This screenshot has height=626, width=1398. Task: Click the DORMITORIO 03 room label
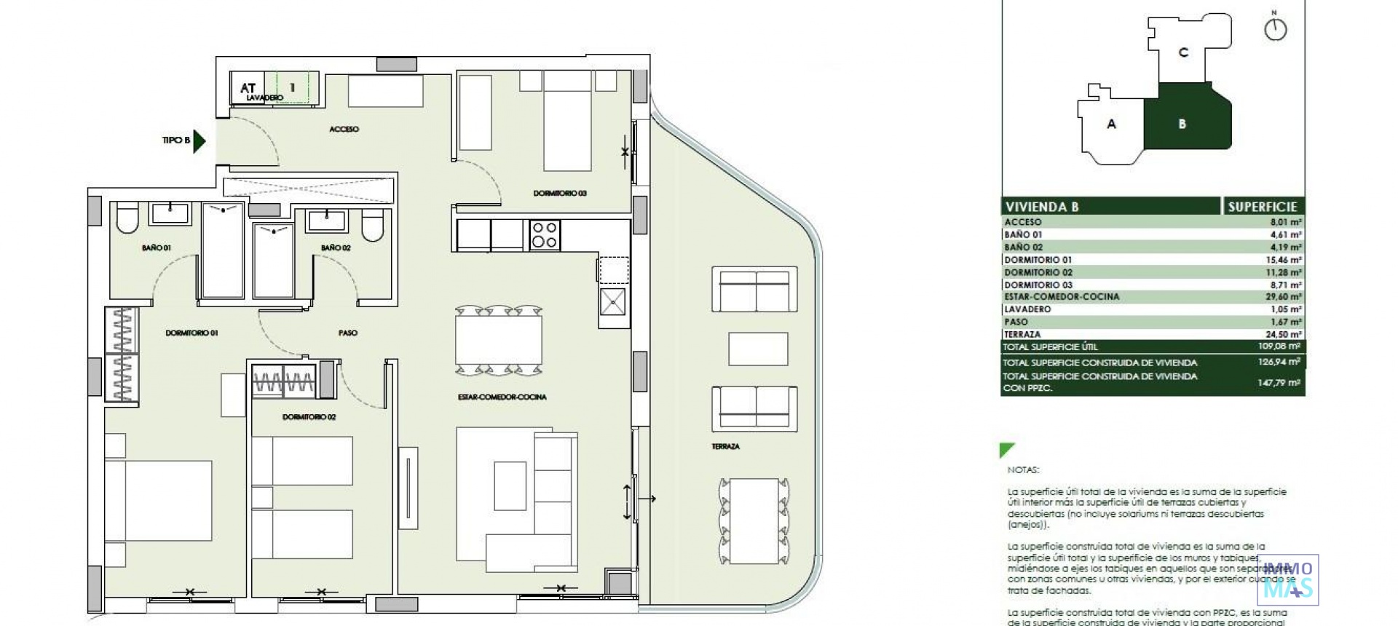pos(559,194)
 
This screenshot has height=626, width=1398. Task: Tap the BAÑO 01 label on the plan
pos(157,248)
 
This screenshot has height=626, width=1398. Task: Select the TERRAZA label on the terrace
pos(725,446)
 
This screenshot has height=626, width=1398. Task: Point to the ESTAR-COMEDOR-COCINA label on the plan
pos(502,397)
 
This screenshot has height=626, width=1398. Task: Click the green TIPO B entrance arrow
pos(199,140)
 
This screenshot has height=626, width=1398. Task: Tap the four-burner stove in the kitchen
pos(545,235)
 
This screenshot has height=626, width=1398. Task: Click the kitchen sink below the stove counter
pos(612,301)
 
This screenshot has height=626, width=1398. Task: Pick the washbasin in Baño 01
pos(170,213)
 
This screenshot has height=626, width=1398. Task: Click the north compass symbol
pos(1275,29)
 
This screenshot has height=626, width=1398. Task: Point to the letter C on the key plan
pos(1183,52)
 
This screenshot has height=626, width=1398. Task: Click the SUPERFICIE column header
pos(1262,207)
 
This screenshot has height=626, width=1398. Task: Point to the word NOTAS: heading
pos(1023,470)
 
